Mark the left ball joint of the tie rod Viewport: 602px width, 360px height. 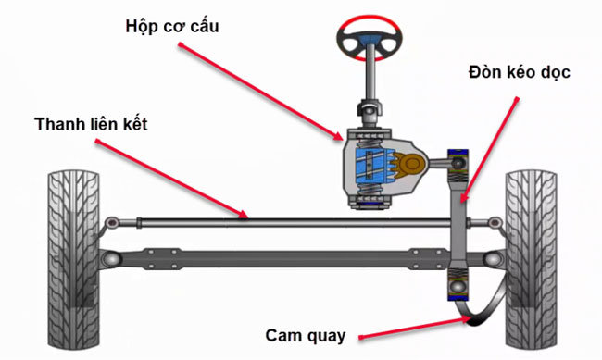(x=112, y=221)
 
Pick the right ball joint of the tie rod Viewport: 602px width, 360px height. (x=494, y=222)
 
